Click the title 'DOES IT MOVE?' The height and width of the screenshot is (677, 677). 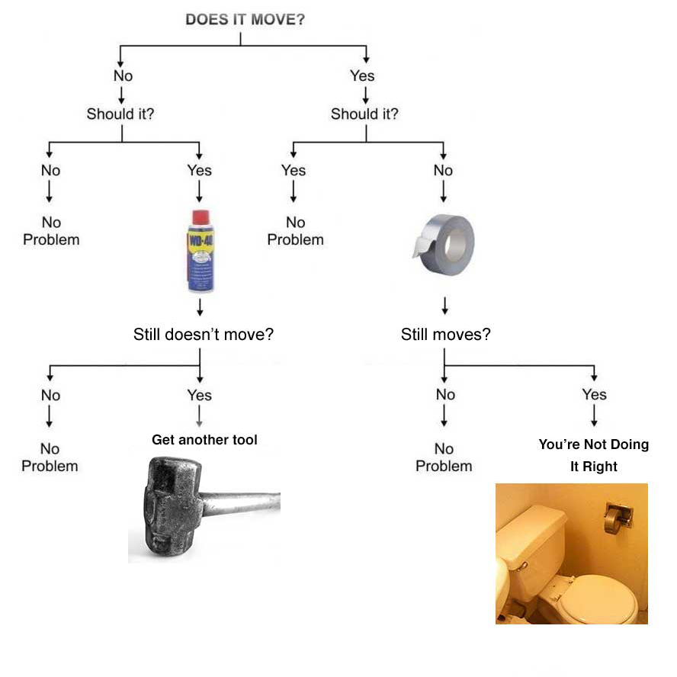pyautogui.click(x=245, y=19)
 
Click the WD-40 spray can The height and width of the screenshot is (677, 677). pyautogui.click(x=200, y=252)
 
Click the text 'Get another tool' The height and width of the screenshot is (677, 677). pyautogui.click(x=204, y=440)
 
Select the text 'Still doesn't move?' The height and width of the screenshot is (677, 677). pyautogui.click(x=203, y=334)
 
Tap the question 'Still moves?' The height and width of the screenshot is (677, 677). pyautogui.click(x=445, y=334)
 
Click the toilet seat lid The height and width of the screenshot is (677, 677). pyautogui.click(x=602, y=599)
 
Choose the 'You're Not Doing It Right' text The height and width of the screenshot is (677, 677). pyautogui.click(x=593, y=454)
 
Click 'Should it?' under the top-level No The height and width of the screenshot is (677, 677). pyautogui.click(x=121, y=114)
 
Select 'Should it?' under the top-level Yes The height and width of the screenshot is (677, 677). pyautogui.click(x=364, y=114)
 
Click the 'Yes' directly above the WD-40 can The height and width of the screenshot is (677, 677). pyautogui.click(x=200, y=170)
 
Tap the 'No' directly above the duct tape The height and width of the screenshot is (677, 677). pyautogui.click(x=443, y=170)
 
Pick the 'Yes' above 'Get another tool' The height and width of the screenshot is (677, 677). pyautogui.click(x=200, y=395)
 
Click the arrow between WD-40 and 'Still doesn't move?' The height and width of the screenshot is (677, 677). pyautogui.click(x=200, y=307)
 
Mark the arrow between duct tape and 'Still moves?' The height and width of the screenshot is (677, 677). pyautogui.click(x=444, y=305)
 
